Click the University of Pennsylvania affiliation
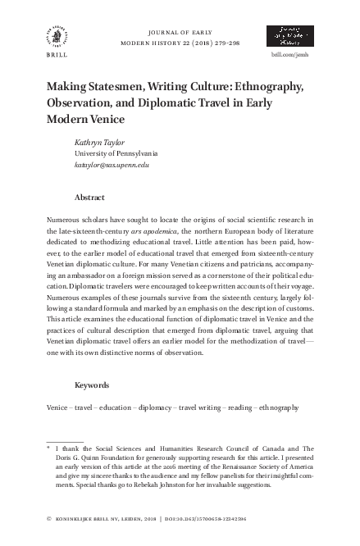116,152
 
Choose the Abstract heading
89,198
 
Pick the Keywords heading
93,384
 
